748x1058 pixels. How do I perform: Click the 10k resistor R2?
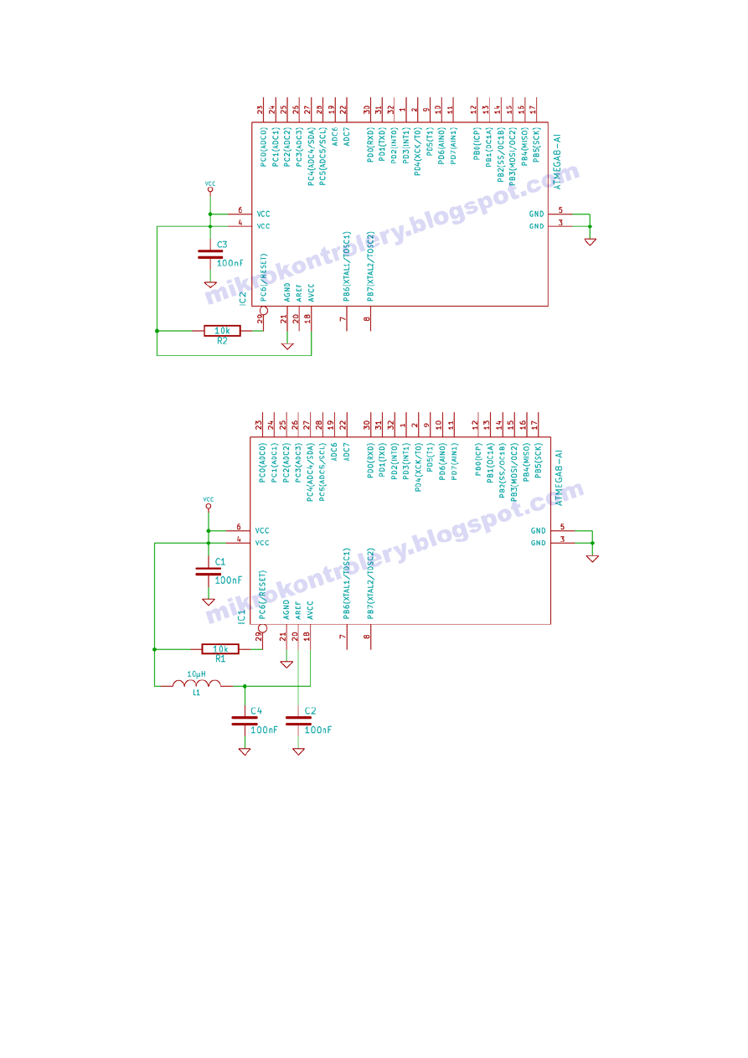tap(222, 331)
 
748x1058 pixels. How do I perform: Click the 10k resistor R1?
tap(220, 649)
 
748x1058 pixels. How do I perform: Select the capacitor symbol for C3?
tap(210, 254)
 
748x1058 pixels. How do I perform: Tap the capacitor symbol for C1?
tap(209, 571)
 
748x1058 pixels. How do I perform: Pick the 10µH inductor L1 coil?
tap(197, 683)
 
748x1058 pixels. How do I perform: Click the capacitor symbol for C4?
tap(245, 720)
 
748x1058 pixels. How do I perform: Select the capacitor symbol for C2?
tap(298, 720)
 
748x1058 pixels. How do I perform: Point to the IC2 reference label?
tap(243, 298)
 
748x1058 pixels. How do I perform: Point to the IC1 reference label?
tap(241, 617)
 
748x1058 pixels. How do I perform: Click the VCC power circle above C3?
tap(210, 189)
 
